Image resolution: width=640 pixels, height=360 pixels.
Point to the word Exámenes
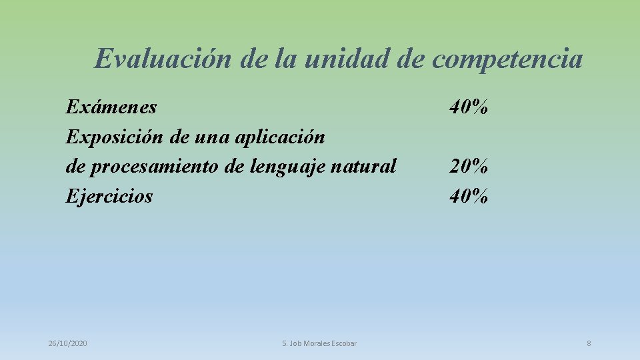[x=111, y=107]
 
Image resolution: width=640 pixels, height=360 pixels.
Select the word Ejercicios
[x=109, y=196]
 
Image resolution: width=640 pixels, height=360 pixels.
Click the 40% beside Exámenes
[x=469, y=107]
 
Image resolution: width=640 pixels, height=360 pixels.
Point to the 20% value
[x=469, y=166]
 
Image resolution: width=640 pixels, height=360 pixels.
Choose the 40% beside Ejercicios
[x=469, y=196]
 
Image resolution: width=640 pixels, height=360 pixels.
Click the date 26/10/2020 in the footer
[x=67, y=343]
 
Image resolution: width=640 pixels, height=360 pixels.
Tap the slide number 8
[x=589, y=343]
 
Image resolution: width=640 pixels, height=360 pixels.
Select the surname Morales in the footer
[x=315, y=343]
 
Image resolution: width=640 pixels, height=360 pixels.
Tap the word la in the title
[x=285, y=59]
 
